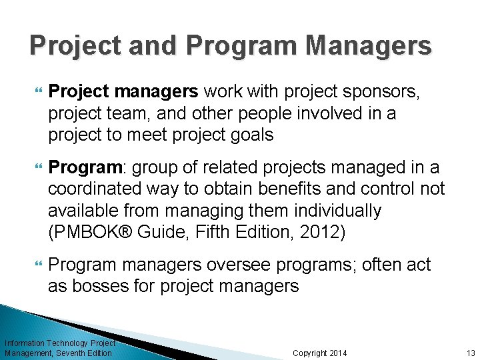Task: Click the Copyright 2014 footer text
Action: (320, 353)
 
